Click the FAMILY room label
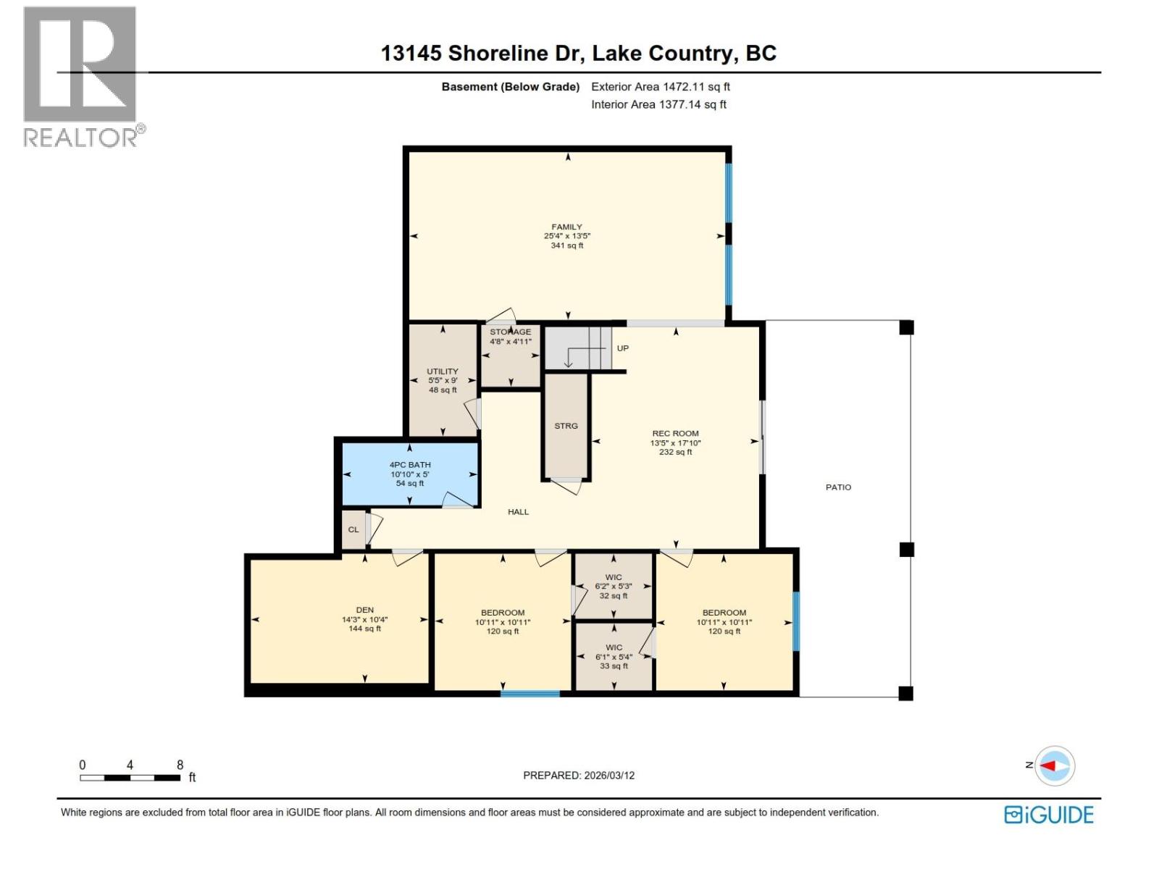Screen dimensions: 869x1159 [x=566, y=227]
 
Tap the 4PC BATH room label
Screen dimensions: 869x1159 [x=410, y=465]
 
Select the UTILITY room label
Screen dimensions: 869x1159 [x=443, y=371]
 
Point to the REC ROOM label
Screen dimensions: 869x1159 [x=675, y=434]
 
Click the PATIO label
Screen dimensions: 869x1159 [x=838, y=487]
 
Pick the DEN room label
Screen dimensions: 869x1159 [x=364, y=610]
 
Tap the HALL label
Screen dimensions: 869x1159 [x=518, y=512]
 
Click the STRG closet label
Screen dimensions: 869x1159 [x=566, y=427]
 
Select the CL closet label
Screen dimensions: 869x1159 [x=353, y=530]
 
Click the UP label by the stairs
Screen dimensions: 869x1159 [x=623, y=348]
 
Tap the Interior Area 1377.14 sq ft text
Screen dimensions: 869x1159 [x=658, y=105]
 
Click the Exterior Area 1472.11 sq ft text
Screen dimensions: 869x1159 [x=660, y=87]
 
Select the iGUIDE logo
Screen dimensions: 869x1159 [x=1048, y=815]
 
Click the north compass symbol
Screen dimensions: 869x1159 [x=1054, y=765]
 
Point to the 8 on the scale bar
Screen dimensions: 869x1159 [x=180, y=765]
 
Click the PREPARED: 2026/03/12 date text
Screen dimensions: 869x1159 [x=579, y=776]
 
